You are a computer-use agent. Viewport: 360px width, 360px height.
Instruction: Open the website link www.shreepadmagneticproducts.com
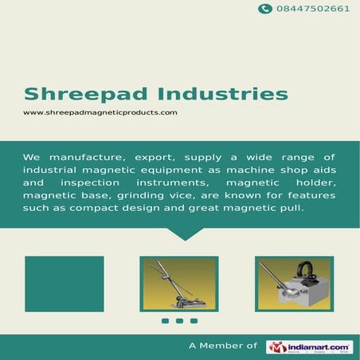pyautogui.click(x=100, y=112)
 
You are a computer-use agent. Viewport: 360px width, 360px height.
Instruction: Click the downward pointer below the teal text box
pyautogui.click(x=184, y=233)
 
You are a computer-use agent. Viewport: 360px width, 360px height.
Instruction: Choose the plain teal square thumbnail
pyautogui.click(x=64, y=284)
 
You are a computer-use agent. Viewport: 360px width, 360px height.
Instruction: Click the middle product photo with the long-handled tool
pyautogui.click(x=180, y=284)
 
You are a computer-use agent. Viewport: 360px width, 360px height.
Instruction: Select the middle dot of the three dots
pyautogui.click(x=179, y=321)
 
